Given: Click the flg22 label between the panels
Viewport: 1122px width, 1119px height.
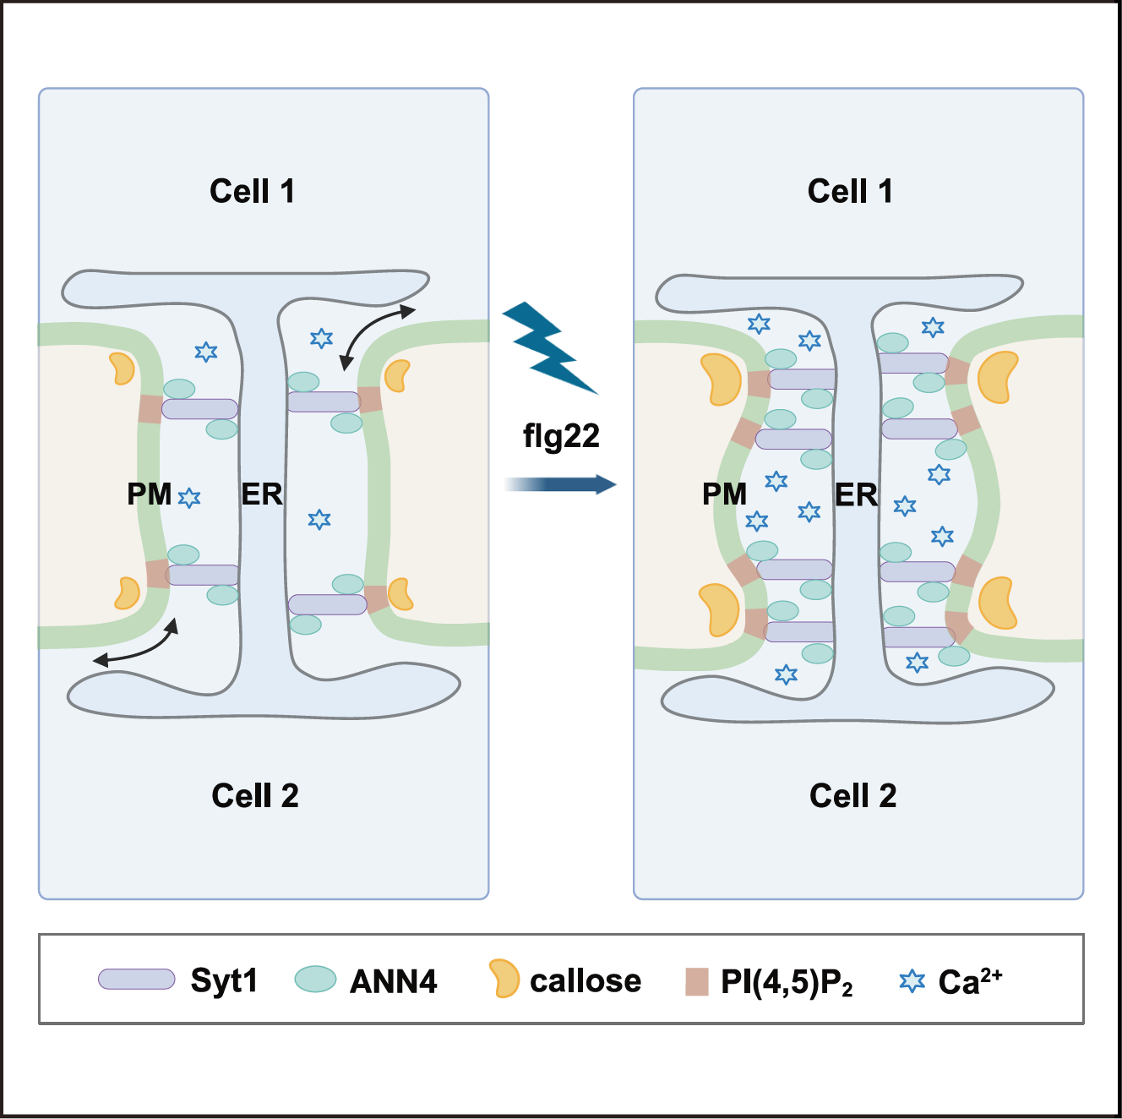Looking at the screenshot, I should (x=561, y=436).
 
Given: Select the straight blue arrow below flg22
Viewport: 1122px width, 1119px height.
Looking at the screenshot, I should (x=561, y=484).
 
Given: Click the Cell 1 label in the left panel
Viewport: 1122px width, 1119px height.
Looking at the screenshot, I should (x=252, y=192).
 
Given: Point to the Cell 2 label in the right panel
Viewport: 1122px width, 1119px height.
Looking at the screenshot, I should (x=852, y=796).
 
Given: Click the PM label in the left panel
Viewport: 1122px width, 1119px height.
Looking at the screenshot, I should (x=149, y=494).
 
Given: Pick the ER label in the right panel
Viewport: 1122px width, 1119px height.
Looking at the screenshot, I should (x=856, y=495).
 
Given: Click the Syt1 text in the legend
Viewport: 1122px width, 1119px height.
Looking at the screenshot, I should (x=224, y=980).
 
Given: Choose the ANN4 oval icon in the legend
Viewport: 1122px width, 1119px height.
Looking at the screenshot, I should (x=315, y=979).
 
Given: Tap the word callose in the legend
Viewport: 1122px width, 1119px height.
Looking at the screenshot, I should (x=586, y=981).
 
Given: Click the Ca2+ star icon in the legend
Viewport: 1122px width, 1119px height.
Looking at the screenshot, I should (x=912, y=981).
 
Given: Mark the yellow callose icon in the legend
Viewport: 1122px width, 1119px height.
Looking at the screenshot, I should (x=504, y=978).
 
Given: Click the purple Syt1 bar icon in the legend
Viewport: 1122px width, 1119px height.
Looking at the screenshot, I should (x=136, y=979).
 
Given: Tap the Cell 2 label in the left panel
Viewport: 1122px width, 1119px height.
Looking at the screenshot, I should (x=255, y=796).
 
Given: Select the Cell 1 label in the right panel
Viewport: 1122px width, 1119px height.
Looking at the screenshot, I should (x=850, y=192).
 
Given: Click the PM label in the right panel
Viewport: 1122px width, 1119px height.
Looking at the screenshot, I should (x=724, y=494).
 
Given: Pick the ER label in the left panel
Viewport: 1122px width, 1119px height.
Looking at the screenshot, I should (x=262, y=494).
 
